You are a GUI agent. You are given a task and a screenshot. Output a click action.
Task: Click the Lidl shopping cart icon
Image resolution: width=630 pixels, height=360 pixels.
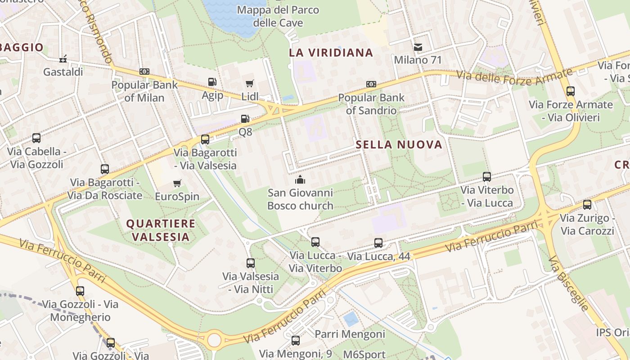pyautogui.click(x=250, y=83)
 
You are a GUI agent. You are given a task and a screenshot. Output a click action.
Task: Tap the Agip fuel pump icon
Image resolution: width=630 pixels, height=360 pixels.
pyautogui.click(x=212, y=82)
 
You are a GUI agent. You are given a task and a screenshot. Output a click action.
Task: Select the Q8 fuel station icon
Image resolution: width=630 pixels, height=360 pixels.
pyautogui.click(x=245, y=119)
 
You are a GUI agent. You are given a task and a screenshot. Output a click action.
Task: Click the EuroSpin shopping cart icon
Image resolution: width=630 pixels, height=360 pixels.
pyautogui.click(x=177, y=184)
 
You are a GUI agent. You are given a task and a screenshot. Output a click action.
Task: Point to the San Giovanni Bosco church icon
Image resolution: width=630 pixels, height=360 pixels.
pyautogui.click(x=300, y=180)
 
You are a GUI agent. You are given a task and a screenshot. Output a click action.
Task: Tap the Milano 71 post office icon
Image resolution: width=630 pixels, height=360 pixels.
pyautogui.click(x=418, y=47)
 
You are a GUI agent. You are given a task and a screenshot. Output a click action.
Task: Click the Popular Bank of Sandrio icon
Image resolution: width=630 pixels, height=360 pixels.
pyautogui.click(x=371, y=84)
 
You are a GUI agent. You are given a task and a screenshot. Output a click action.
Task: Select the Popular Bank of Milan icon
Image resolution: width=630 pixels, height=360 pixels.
pyautogui.click(x=144, y=72)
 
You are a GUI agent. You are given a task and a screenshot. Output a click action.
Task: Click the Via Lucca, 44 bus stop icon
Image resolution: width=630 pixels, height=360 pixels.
pyautogui.click(x=378, y=243)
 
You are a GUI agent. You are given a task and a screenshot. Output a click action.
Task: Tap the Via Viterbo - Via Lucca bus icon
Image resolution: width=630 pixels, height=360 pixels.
pyautogui.click(x=486, y=177)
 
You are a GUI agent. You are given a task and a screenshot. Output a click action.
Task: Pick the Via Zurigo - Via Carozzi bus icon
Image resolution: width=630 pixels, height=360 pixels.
pyautogui.click(x=587, y=205)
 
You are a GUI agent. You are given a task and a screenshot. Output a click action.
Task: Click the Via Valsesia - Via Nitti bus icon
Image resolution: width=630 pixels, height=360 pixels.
pyautogui.click(x=251, y=263)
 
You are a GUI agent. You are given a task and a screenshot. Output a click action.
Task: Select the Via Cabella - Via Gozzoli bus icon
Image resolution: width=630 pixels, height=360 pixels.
pyautogui.click(x=36, y=138)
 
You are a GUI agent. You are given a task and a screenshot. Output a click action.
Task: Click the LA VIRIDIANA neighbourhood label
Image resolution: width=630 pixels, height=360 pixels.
pyautogui.click(x=331, y=53)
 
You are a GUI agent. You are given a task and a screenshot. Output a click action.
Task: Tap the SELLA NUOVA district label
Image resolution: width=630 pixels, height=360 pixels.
pyautogui.click(x=399, y=144)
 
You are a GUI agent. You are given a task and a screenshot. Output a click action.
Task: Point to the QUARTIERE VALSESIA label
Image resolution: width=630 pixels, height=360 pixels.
pyautogui.click(x=161, y=230)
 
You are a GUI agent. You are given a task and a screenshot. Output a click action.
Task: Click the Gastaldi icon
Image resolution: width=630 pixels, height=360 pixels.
pyautogui.click(x=63, y=59)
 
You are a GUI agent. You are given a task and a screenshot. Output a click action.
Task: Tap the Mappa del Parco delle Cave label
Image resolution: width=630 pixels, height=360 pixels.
pyautogui.click(x=278, y=16)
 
